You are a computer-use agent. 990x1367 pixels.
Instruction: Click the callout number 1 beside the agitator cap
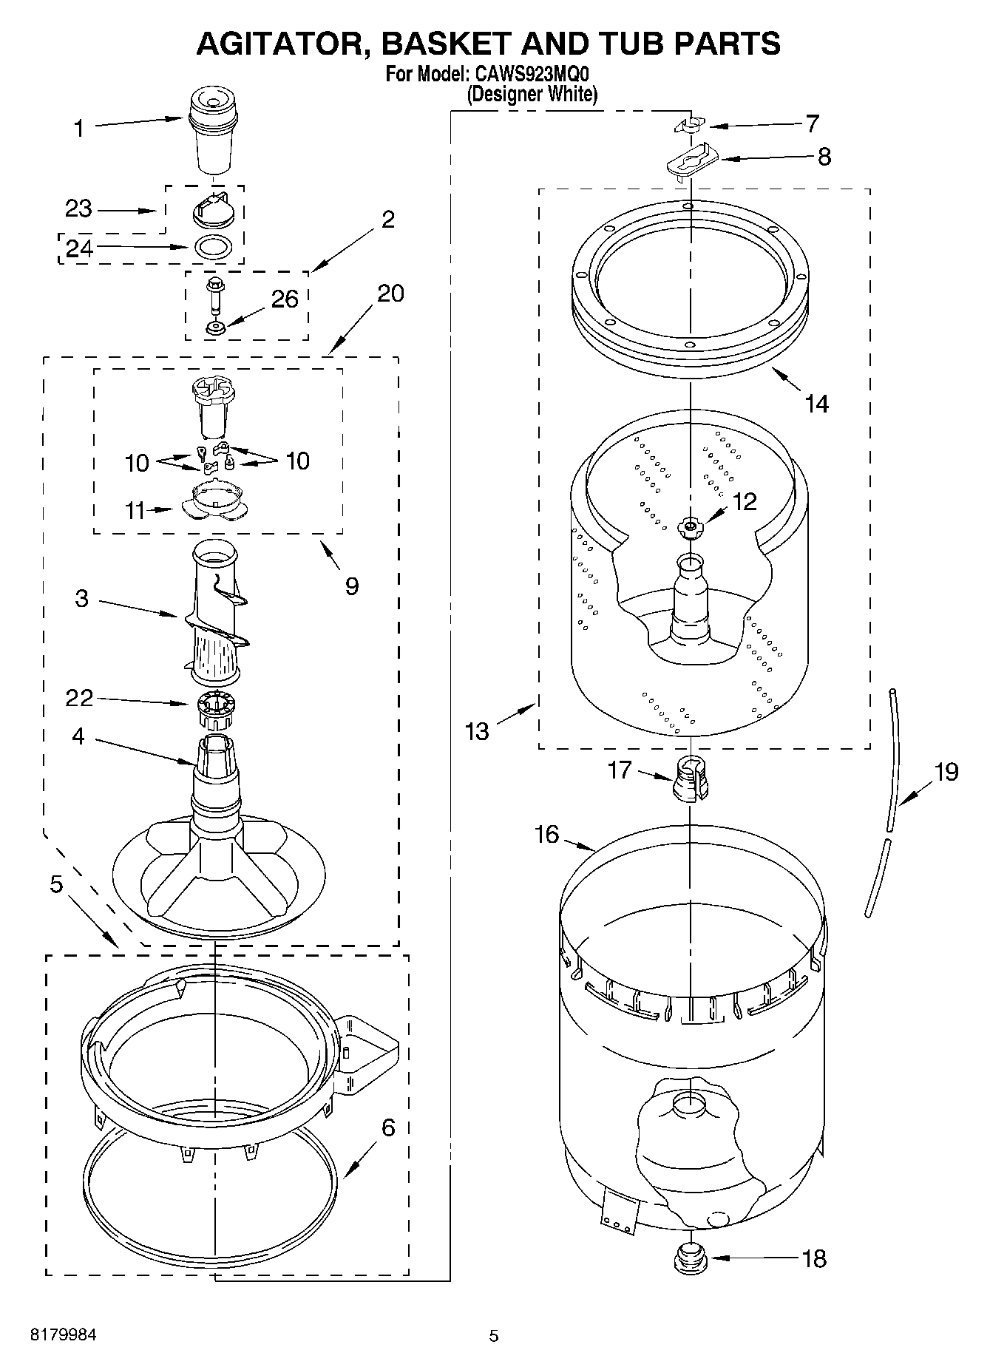[78, 129]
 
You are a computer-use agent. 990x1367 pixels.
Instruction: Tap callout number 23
[78, 209]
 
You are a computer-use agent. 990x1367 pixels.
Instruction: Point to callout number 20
[390, 294]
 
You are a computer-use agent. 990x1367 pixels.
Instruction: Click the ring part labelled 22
[215, 710]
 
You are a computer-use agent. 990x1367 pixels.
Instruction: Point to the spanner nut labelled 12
[689, 526]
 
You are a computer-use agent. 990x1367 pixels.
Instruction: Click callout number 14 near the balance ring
[816, 404]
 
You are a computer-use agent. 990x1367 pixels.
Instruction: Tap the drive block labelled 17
[691, 780]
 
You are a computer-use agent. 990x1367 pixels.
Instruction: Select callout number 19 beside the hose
[946, 772]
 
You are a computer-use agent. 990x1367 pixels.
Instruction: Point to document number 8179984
[63, 1335]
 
